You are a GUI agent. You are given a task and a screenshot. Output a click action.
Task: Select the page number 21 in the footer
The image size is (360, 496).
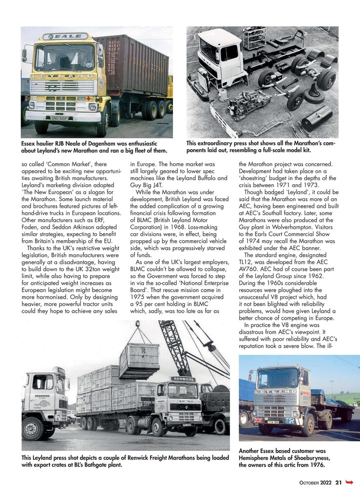pos(338,482)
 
